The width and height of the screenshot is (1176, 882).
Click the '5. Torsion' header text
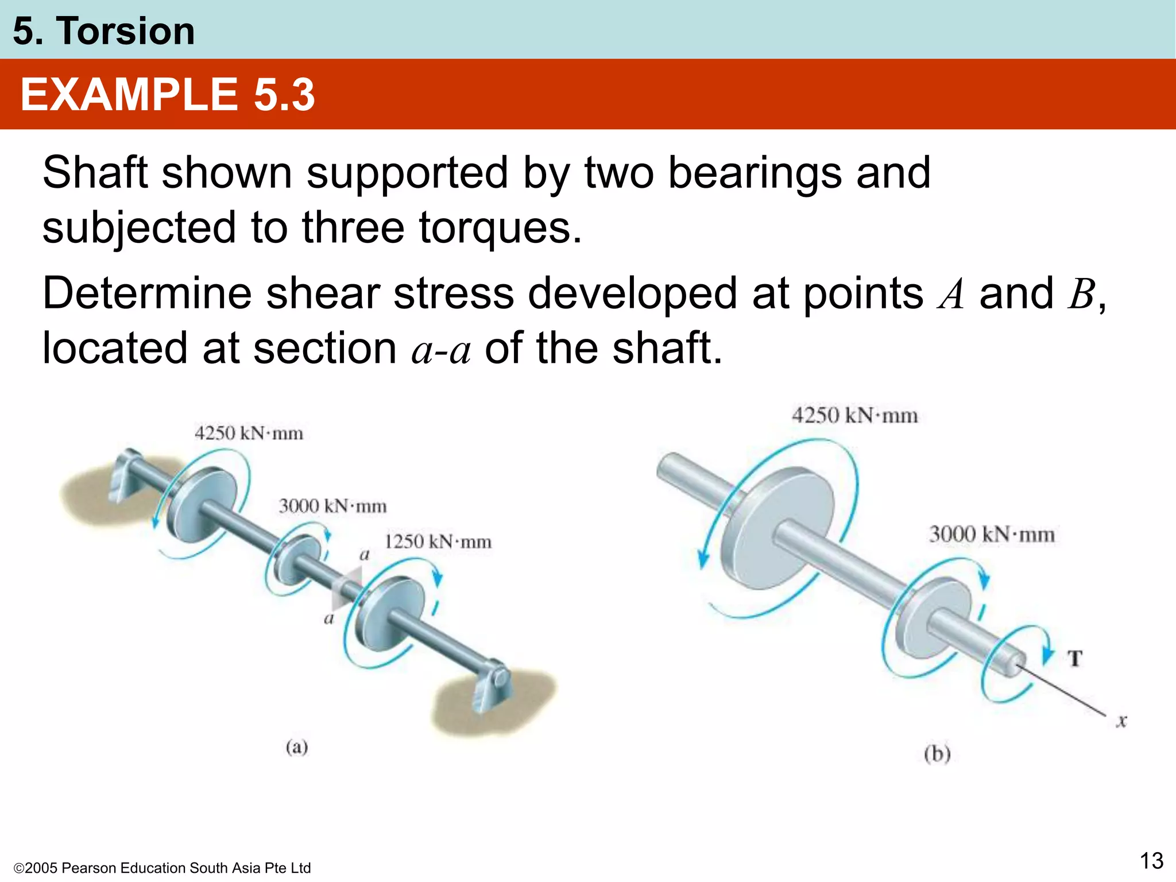pos(104,31)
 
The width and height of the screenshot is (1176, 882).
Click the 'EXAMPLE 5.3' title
pos(167,95)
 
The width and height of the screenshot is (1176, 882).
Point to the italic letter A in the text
pos(950,295)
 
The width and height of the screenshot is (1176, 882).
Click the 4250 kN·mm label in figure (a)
pos(249,433)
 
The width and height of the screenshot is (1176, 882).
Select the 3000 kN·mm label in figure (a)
pos(332,506)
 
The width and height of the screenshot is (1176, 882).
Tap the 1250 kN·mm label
pos(438,541)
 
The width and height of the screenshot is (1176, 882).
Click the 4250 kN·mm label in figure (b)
pos(854,415)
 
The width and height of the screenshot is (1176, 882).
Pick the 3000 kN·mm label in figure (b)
pos(992,534)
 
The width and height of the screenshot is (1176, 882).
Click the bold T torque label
pos(1075,658)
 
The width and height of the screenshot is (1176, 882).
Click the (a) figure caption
pos(297,747)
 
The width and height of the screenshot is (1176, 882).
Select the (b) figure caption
pos(937,753)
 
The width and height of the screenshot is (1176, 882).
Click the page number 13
pos(1151,861)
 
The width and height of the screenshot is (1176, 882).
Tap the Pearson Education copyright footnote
pos(162,868)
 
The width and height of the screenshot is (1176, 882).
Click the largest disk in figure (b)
pos(775,528)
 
